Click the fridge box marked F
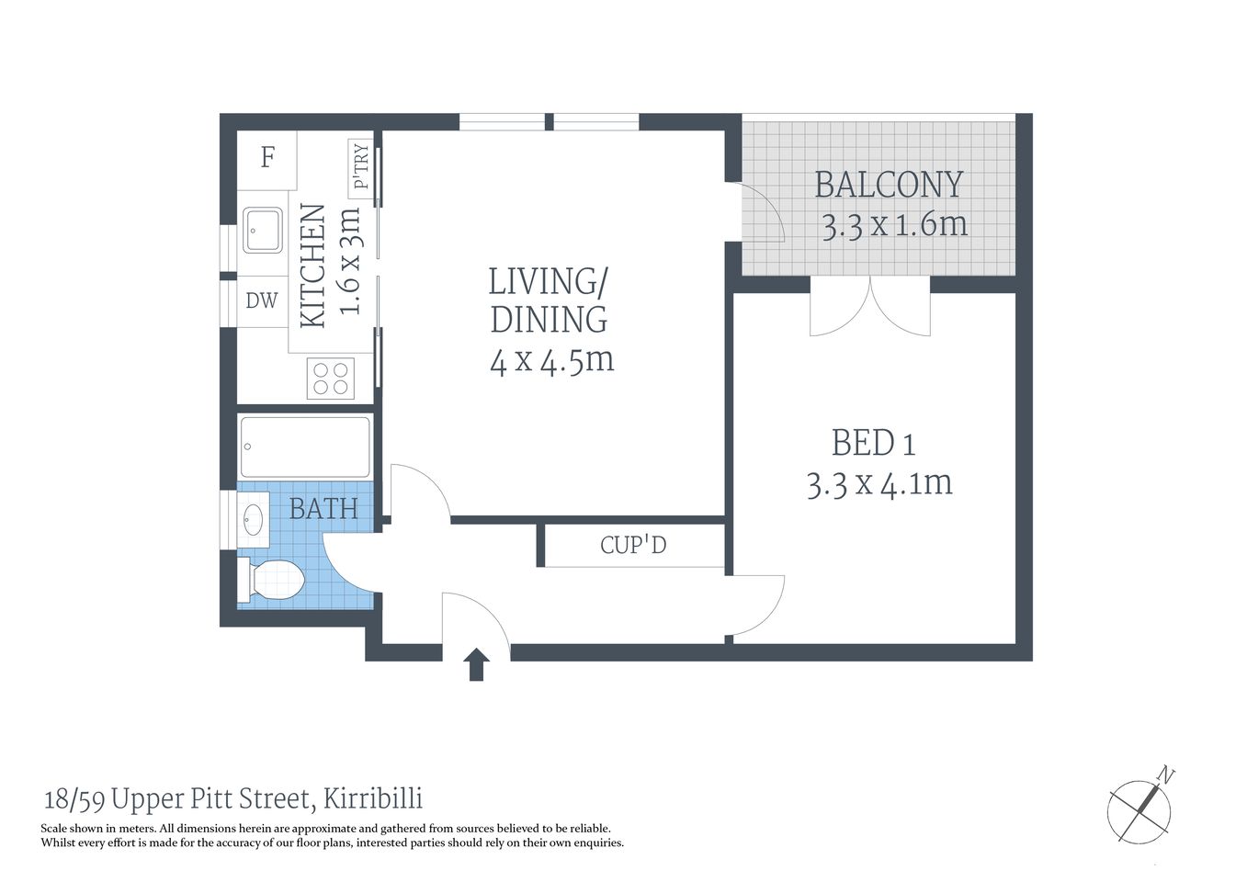coord(267,158)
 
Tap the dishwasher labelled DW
coord(261,300)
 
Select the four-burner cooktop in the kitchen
coord(331,378)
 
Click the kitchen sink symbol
coord(263,230)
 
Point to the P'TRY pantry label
coord(360,166)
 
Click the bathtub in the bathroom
coord(305,447)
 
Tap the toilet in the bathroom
coord(274,581)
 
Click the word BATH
coord(323,508)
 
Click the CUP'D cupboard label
coord(633,546)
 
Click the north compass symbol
coord(1142,807)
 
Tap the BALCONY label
coord(889,185)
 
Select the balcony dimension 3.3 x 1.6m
coord(894,225)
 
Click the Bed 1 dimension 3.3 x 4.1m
coord(879,483)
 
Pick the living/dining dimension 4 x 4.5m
coord(551,360)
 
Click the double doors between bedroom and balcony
coord(870,307)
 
